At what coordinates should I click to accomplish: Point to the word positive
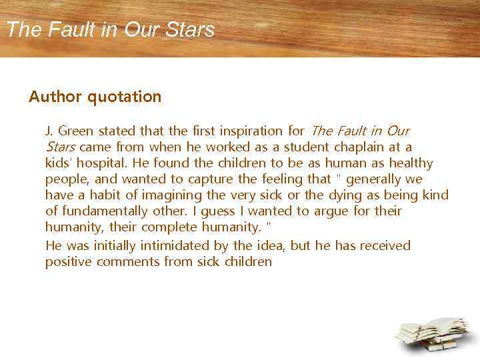[68, 262]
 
